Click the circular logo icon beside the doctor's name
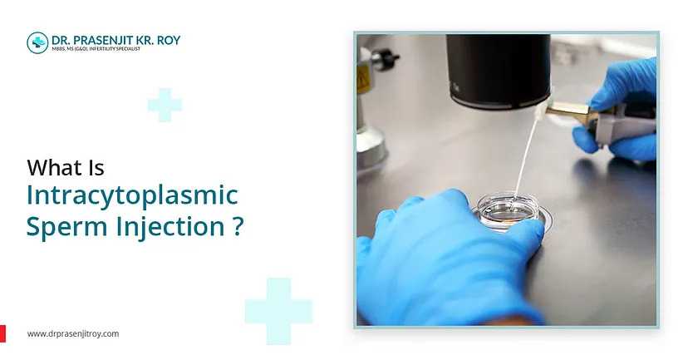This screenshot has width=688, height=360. click(37, 42)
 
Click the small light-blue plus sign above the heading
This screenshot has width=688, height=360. click(165, 105)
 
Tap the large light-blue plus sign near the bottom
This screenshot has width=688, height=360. click(278, 311)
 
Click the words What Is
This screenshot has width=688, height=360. click(66, 167)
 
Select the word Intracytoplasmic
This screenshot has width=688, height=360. click(132, 197)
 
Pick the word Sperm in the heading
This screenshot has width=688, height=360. click(63, 226)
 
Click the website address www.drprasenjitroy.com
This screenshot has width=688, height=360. click(73, 333)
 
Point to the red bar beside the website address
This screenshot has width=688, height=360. click(2, 333)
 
